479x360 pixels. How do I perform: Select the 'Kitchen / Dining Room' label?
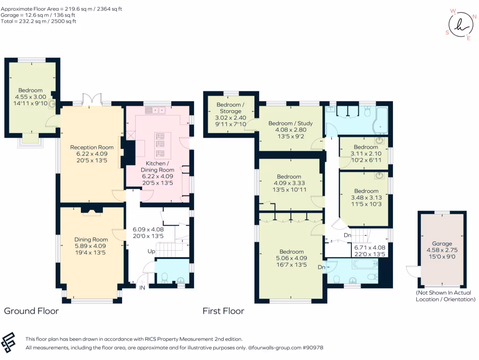click(x=160, y=166)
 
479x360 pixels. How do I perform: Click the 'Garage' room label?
click(x=442, y=243)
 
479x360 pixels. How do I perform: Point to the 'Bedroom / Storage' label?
click(x=230, y=107)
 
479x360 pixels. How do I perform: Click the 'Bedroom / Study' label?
click(x=290, y=123)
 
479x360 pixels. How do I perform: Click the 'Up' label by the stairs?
click(x=152, y=251)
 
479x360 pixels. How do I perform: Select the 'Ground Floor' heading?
click(x=31, y=311)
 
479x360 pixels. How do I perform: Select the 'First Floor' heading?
click(x=223, y=311)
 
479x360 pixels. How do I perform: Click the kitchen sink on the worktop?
click(x=156, y=111)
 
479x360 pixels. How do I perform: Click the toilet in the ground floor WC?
click(x=164, y=278)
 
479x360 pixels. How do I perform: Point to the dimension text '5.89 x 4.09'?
click(x=88, y=246)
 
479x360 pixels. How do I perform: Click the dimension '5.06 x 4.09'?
click(x=291, y=258)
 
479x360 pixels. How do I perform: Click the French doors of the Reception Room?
click(x=92, y=99)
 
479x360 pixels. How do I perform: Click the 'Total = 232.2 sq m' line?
click(x=39, y=21)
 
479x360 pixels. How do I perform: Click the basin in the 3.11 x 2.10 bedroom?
click(x=380, y=140)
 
